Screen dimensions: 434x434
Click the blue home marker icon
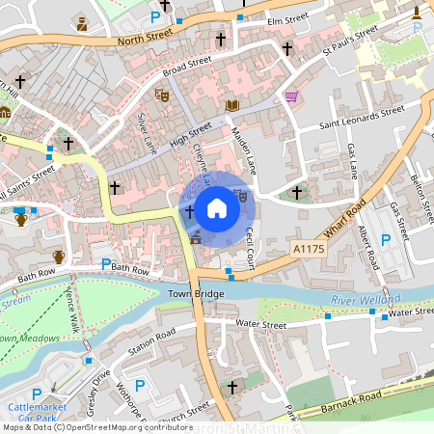(x=217, y=206)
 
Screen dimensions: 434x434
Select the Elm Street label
(x=286, y=17)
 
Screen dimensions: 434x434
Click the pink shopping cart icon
(x=291, y=96)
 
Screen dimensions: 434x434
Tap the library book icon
(x=231, y=105)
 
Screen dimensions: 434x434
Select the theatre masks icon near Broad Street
(x=162, y=95)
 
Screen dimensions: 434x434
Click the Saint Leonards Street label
(x=363, y=111)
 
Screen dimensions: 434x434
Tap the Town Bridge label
(x=196, y=292)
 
